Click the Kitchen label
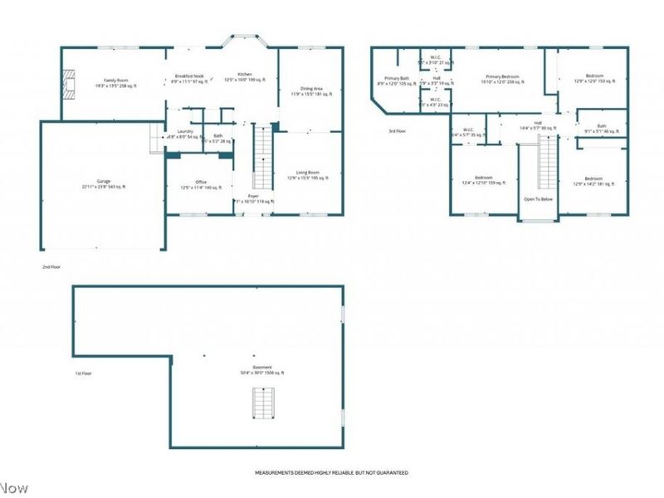click(x=245, y=76)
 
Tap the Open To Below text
click(x=538, y=199)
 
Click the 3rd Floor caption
click(x=398, y=131)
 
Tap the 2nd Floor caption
click(x=51, y=267)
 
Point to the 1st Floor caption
click(x=83, y=373)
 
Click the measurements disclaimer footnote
click(x=330, y=473)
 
